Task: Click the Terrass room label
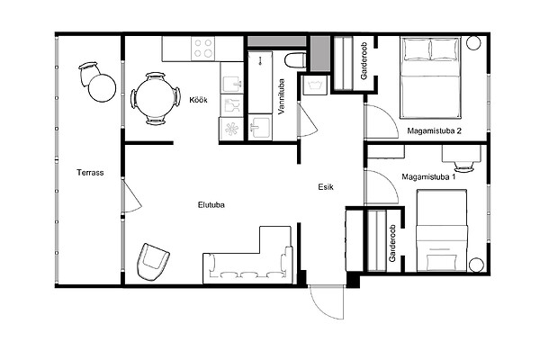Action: [x=90, y=173]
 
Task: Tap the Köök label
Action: [x=198, y=100]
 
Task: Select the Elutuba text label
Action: [x=211, y=205]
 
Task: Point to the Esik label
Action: [x=326, y=187]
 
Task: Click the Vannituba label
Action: [x=282, y=97]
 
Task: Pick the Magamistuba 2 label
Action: [x=435, y=130]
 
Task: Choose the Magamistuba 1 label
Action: [x=428, y=177]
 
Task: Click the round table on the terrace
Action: [x=102, y=88]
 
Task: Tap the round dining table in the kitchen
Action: [x=156, y=98]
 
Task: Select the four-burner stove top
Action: [x=202, y=49]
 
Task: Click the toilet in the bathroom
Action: [x=295, y=60]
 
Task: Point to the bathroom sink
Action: [x=260, y=128]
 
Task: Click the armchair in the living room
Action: [x=153, y=262]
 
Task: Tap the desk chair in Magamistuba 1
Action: [x=463, y=166]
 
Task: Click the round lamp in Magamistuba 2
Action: [x=473, y=42]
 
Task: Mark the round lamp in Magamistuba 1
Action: [x=476, y=265]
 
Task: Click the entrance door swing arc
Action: [x=321, y=308]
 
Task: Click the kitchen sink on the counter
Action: [x=231, y=83]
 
